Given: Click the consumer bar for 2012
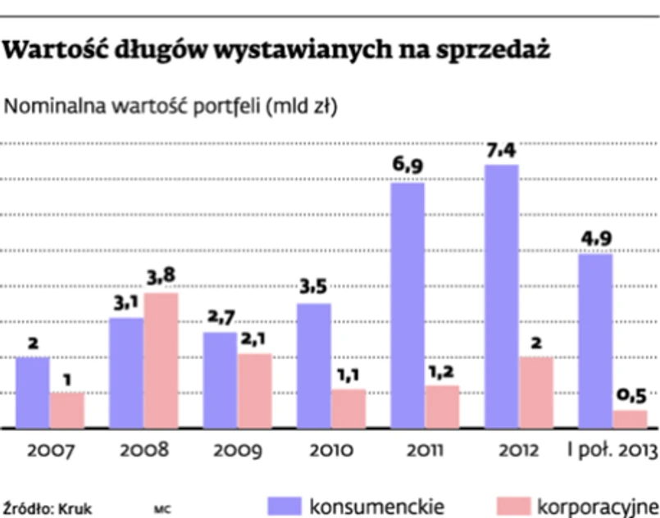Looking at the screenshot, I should (501, 297).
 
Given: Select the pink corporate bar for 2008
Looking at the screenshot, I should (161, 361).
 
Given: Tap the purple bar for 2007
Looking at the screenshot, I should (32, 393).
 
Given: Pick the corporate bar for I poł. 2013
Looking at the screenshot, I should (630, 419).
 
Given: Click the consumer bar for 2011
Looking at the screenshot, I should (407, 305).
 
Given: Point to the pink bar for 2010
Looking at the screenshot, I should (348, 408).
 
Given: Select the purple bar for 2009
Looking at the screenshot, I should (220, 380).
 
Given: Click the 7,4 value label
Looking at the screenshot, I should (502, 152).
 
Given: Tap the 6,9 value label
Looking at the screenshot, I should (407, 168).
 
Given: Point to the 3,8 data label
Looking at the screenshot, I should (162, 279).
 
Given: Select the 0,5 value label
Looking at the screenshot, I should (630, 396).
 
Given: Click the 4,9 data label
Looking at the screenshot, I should (596, 240).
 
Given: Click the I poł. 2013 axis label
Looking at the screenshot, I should (613, 451).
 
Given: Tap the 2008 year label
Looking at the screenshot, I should (143, 451).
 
